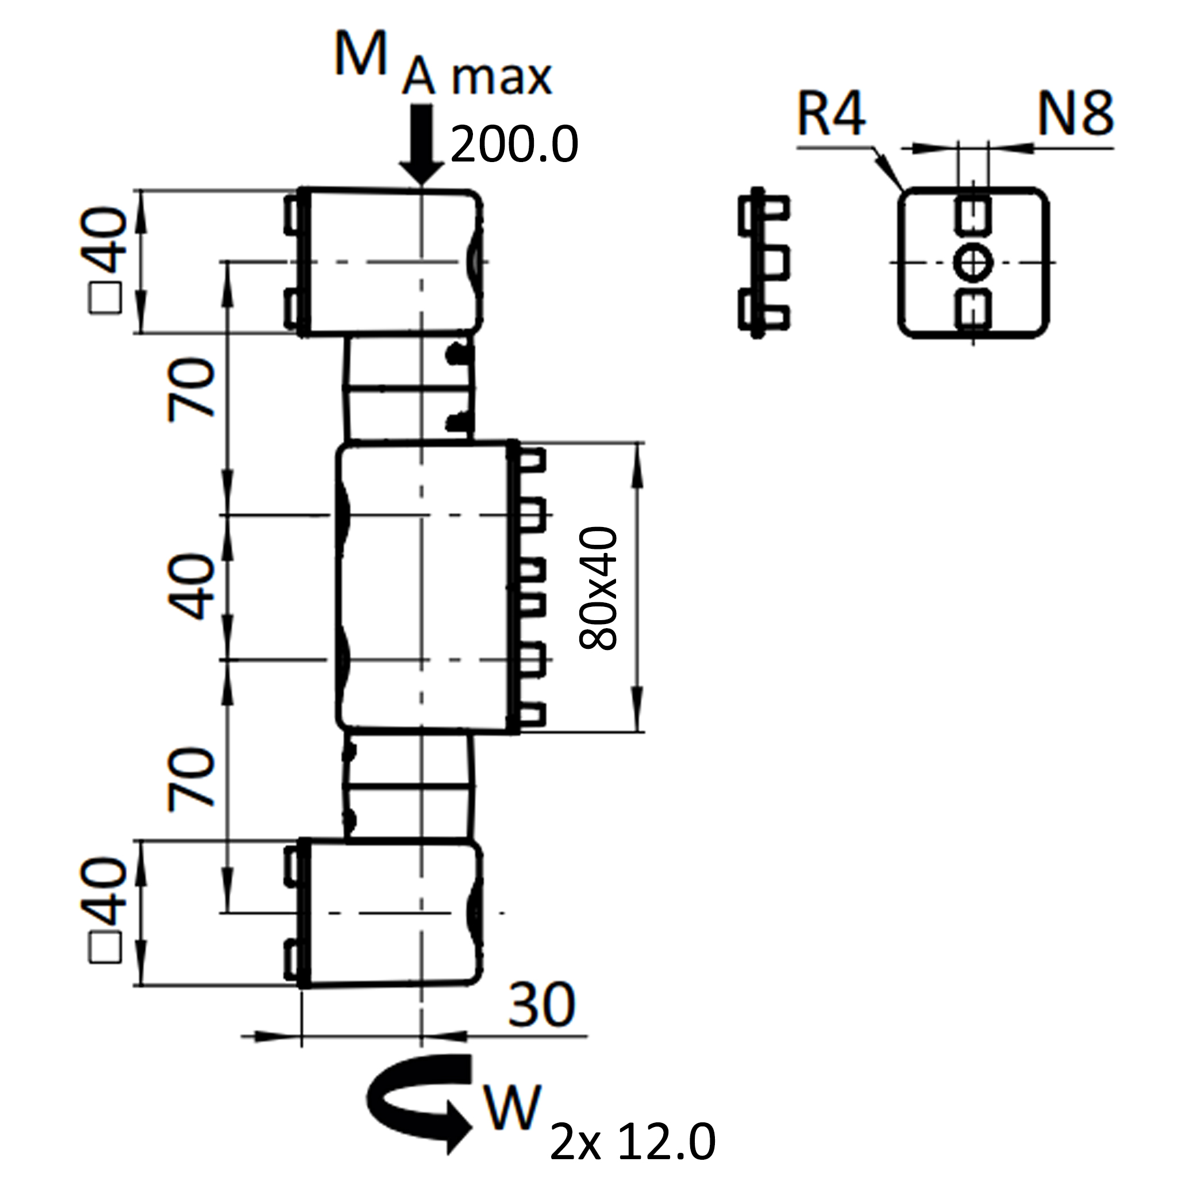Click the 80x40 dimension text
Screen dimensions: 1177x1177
(599, 588)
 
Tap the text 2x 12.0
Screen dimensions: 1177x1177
(632, 1143)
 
